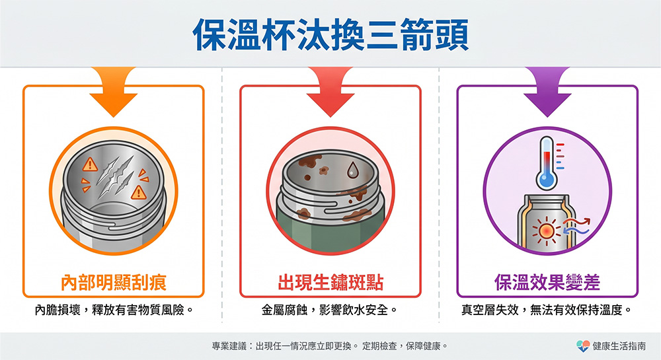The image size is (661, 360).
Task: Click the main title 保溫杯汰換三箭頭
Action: pos(330,34)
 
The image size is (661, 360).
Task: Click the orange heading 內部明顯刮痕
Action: pos(114,282)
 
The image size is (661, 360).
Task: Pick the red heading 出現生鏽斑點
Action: pos(330,282)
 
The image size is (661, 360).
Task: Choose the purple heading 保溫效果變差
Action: pos(547,282)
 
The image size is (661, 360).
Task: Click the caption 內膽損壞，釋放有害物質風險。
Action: pos(114,310)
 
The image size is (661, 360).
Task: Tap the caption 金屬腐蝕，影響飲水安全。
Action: pos(330,310)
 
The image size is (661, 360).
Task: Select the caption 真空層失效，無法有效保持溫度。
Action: pos(547,310)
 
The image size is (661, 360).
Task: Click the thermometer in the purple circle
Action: pos(547,162)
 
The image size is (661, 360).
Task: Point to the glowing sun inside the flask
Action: pos(546,231)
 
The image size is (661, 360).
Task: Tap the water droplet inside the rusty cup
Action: pos(353,170)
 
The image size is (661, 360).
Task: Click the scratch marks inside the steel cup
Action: pos(115,178)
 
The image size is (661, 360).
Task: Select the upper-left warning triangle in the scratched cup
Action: pos(90,164)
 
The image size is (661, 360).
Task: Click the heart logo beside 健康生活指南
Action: pos(583,346)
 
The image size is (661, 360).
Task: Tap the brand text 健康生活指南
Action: pos(619,346)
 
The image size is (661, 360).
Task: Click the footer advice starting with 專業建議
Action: pos(330,346)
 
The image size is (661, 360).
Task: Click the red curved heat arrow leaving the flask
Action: pos(578,222)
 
